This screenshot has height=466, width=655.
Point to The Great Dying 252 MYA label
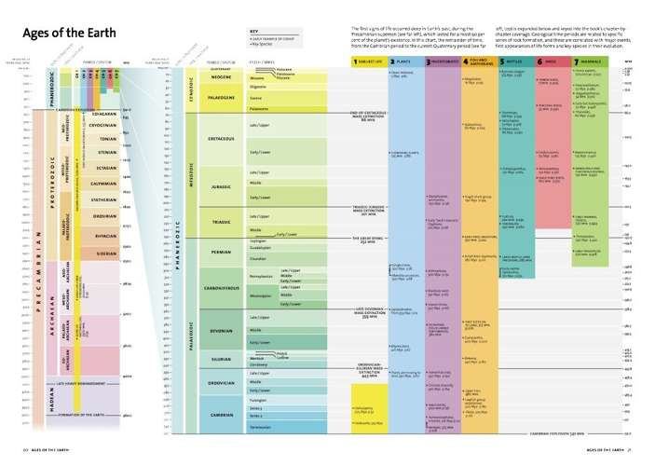click(365, 238)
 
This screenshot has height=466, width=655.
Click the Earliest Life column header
click(367, 61)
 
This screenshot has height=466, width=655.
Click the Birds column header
click(552, 61)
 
